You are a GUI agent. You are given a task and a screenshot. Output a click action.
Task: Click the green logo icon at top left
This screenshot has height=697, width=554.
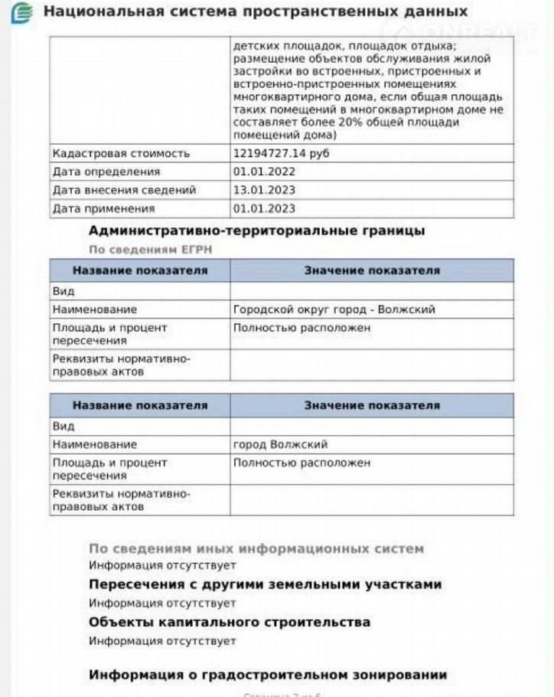point(24,13)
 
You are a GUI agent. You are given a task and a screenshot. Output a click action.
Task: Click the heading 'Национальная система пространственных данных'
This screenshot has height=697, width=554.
point(256,12)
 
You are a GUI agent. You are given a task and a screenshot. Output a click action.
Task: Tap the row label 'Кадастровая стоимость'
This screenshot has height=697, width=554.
point(121,153)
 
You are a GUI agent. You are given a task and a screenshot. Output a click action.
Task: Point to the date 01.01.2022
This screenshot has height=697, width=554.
point(264,172)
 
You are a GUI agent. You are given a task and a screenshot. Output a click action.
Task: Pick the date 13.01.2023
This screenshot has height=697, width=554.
point(264,190)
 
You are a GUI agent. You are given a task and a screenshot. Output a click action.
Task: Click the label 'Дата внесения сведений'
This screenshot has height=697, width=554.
point(124,190)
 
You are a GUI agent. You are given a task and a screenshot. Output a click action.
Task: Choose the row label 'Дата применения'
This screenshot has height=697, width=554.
point(103,208)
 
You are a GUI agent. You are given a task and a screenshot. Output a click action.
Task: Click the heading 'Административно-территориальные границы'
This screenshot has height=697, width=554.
point(256,231)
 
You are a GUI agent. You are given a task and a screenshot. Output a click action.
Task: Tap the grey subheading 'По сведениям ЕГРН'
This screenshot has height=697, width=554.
point(150,250)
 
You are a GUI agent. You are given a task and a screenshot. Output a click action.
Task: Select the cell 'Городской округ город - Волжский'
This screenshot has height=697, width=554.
point(334,309)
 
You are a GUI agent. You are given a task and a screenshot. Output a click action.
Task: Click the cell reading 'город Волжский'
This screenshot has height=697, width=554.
point(280,444)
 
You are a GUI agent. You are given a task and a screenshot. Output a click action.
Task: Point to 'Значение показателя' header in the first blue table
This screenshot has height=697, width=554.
point(372,270)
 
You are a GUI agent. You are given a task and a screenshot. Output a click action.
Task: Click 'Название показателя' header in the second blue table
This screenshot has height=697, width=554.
point(140,405)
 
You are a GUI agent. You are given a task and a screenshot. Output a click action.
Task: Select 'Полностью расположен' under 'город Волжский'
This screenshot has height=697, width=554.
point(301,463)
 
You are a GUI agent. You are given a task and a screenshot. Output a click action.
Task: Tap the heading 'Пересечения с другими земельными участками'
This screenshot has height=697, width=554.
point(265,584)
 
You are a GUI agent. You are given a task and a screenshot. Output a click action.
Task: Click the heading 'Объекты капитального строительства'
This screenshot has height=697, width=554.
point(230,622)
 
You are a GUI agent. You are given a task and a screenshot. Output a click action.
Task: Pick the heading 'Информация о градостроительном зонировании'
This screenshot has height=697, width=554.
point(268,675)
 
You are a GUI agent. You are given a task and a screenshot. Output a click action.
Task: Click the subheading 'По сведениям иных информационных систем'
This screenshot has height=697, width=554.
point(256,548)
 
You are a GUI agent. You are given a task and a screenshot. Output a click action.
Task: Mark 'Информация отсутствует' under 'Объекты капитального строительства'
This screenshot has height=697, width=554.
point(162,640)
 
